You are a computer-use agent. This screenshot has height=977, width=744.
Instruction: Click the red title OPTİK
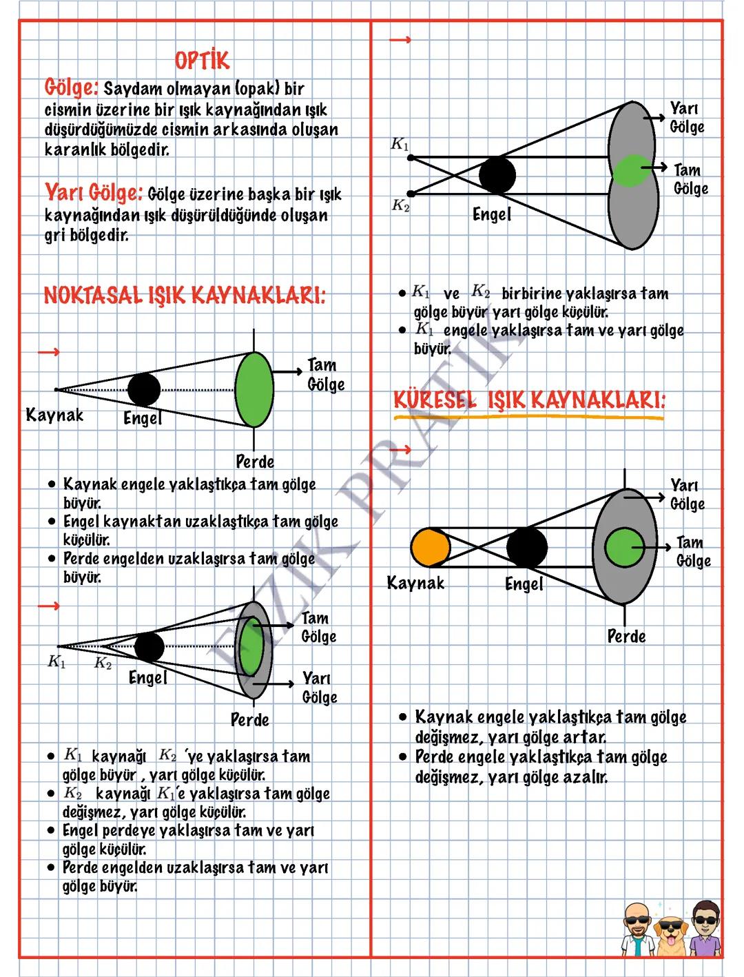(x=202, y=61)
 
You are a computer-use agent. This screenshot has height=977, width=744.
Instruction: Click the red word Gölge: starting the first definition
(x=72, y=88)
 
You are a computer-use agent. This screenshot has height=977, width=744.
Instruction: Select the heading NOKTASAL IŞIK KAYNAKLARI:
(x=185, y=296)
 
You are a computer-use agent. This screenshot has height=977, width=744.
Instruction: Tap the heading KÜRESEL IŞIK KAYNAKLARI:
(x=529, y=399)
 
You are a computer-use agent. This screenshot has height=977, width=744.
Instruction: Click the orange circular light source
(x=430, y=548)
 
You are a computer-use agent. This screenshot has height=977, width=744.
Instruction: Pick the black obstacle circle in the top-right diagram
(x=497, y=174)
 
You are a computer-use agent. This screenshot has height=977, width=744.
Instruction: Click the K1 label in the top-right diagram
(x=400, y=144)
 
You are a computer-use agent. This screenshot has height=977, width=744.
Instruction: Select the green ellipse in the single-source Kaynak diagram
(x=254, y=389)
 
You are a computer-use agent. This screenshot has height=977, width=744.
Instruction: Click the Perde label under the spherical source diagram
(x=626, y=636)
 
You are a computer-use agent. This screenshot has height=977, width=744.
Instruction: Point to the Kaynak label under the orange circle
(x=415, y=583)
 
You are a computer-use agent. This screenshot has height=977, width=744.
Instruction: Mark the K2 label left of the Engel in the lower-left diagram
(x=103, y=663)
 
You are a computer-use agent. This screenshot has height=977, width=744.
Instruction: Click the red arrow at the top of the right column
(x=400, y=40)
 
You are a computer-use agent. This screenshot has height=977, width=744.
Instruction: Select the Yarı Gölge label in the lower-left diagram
(x=320, y=688)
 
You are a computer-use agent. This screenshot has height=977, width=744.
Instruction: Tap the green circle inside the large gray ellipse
(x=624, y=547)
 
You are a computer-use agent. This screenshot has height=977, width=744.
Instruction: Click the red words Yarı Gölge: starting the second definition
(x=94, y=192)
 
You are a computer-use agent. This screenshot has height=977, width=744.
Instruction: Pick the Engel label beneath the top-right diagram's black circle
(x=492, y=214)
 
